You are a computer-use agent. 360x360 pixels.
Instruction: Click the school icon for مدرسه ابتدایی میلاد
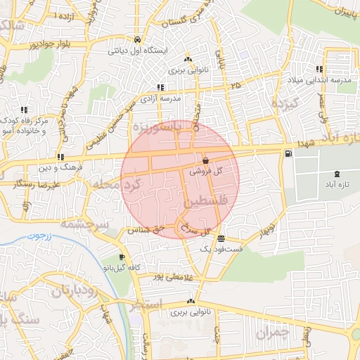click(x=320, y=69)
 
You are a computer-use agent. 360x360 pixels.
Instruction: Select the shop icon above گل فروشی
click(x=205, y=161)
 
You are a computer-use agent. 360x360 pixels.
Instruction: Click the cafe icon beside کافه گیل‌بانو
click(x=123, y=257)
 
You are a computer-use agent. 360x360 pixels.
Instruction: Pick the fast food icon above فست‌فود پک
click(x=221, y=238)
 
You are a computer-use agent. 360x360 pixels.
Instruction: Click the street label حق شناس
click(x=147, y=229)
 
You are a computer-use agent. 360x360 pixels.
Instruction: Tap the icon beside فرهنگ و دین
click(x=61, y=157)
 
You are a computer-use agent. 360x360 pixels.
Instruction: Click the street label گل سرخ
click(x=196, y=230)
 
